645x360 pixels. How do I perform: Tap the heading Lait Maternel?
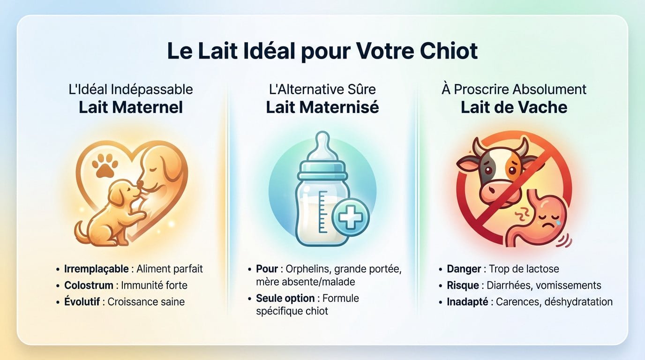[x=130, y=107]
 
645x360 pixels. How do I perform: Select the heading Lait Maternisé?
[x=322, y=107]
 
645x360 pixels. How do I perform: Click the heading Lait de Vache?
[x=514, y=107]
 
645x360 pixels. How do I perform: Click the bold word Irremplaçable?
[x=96, y=269]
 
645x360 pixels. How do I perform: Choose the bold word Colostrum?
[x=89, y=285]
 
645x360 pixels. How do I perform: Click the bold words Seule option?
[x=285, y=298]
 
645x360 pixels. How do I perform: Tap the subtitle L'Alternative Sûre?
[x=322, y=89]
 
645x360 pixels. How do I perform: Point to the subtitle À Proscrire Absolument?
[x=514, y=89]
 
